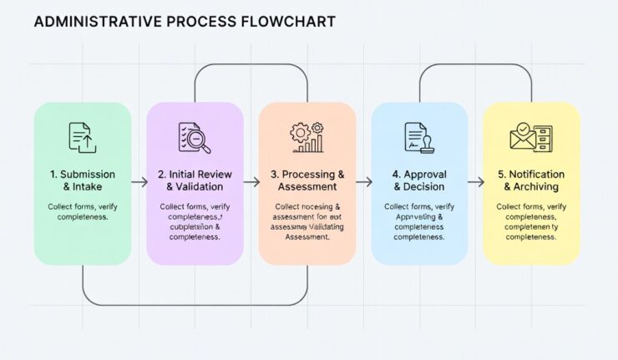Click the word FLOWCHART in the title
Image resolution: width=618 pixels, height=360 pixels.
point(288,22)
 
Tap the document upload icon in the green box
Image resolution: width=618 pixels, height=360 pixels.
point(82,137)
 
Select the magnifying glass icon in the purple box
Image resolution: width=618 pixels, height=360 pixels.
point(195,138)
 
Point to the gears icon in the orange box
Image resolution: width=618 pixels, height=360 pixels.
point(306,138)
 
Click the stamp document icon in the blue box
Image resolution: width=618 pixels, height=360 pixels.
point(418,137)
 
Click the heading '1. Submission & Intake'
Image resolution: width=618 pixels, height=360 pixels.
point(82,180)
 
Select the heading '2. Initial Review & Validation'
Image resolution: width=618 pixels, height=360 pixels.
point(195,180)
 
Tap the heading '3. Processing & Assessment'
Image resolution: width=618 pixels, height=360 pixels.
point(306,180)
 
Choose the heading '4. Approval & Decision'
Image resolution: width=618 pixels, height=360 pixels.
point(418,180)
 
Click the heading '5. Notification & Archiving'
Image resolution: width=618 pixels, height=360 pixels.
point(531,180)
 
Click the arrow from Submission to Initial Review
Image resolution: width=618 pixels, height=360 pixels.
point(139,181)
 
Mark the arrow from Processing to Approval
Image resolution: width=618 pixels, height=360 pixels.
point(363,181)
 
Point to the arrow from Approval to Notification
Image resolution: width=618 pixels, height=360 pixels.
point(475,181)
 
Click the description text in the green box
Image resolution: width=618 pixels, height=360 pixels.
point(82,211)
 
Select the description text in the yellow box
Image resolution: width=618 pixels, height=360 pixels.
point(531,221)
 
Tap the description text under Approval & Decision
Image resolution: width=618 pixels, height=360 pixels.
point(418,221)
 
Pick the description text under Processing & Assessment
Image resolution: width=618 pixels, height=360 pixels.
point(306,221)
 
